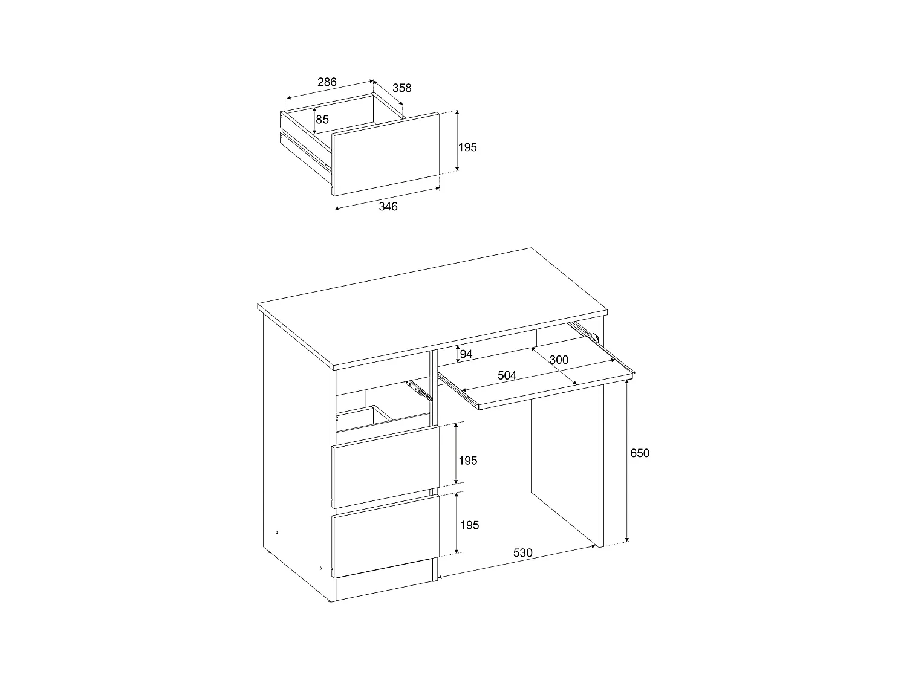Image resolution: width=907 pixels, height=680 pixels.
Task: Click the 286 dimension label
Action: (x=327, y=82)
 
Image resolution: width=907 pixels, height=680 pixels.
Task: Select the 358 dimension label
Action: (x=401, y=88)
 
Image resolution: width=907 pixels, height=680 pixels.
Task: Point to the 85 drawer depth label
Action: (x=322, y=120)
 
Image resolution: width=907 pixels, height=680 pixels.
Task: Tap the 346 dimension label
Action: (x=388, y=207)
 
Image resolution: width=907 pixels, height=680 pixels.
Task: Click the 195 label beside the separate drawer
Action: (x=467, y=147)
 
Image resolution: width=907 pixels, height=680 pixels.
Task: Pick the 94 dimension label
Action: (x=466, y=354)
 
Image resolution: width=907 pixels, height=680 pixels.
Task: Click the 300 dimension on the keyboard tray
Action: (x=559, y=360)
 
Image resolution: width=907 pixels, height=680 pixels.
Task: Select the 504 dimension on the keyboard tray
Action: (x=507, y=376)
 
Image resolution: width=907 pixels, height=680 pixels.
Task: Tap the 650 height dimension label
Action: (x=639, y=453)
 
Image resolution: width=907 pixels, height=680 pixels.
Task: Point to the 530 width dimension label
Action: (x=522, y=552)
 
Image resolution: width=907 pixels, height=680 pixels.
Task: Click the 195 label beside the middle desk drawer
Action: (x=467, y=461)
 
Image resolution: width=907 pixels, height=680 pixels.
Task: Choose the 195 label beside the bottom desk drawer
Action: (x=469, y=525)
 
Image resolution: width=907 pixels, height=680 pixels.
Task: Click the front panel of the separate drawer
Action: (x=385, y=154)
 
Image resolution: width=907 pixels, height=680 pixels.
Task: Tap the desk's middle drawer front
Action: (x=385, y=466)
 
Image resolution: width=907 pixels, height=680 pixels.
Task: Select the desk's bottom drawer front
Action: (x=385, y=536)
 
